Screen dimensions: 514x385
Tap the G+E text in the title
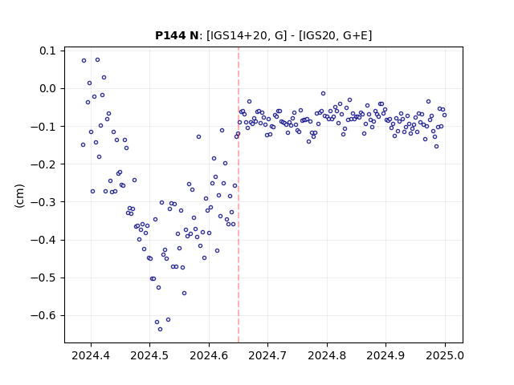356,35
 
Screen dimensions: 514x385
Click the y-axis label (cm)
19,196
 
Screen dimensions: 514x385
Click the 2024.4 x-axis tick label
91,355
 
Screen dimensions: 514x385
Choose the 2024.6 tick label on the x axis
209,355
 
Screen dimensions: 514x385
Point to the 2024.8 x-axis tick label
327,355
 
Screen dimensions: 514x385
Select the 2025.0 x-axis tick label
445,355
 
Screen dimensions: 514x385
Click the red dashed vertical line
239,195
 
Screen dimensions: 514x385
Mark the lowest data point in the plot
161,329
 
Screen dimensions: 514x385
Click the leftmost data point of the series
84,144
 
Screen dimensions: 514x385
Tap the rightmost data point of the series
444,115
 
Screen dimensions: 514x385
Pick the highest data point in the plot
97,60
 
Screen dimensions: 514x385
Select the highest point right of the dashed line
323,93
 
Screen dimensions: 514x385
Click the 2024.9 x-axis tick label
385,355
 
